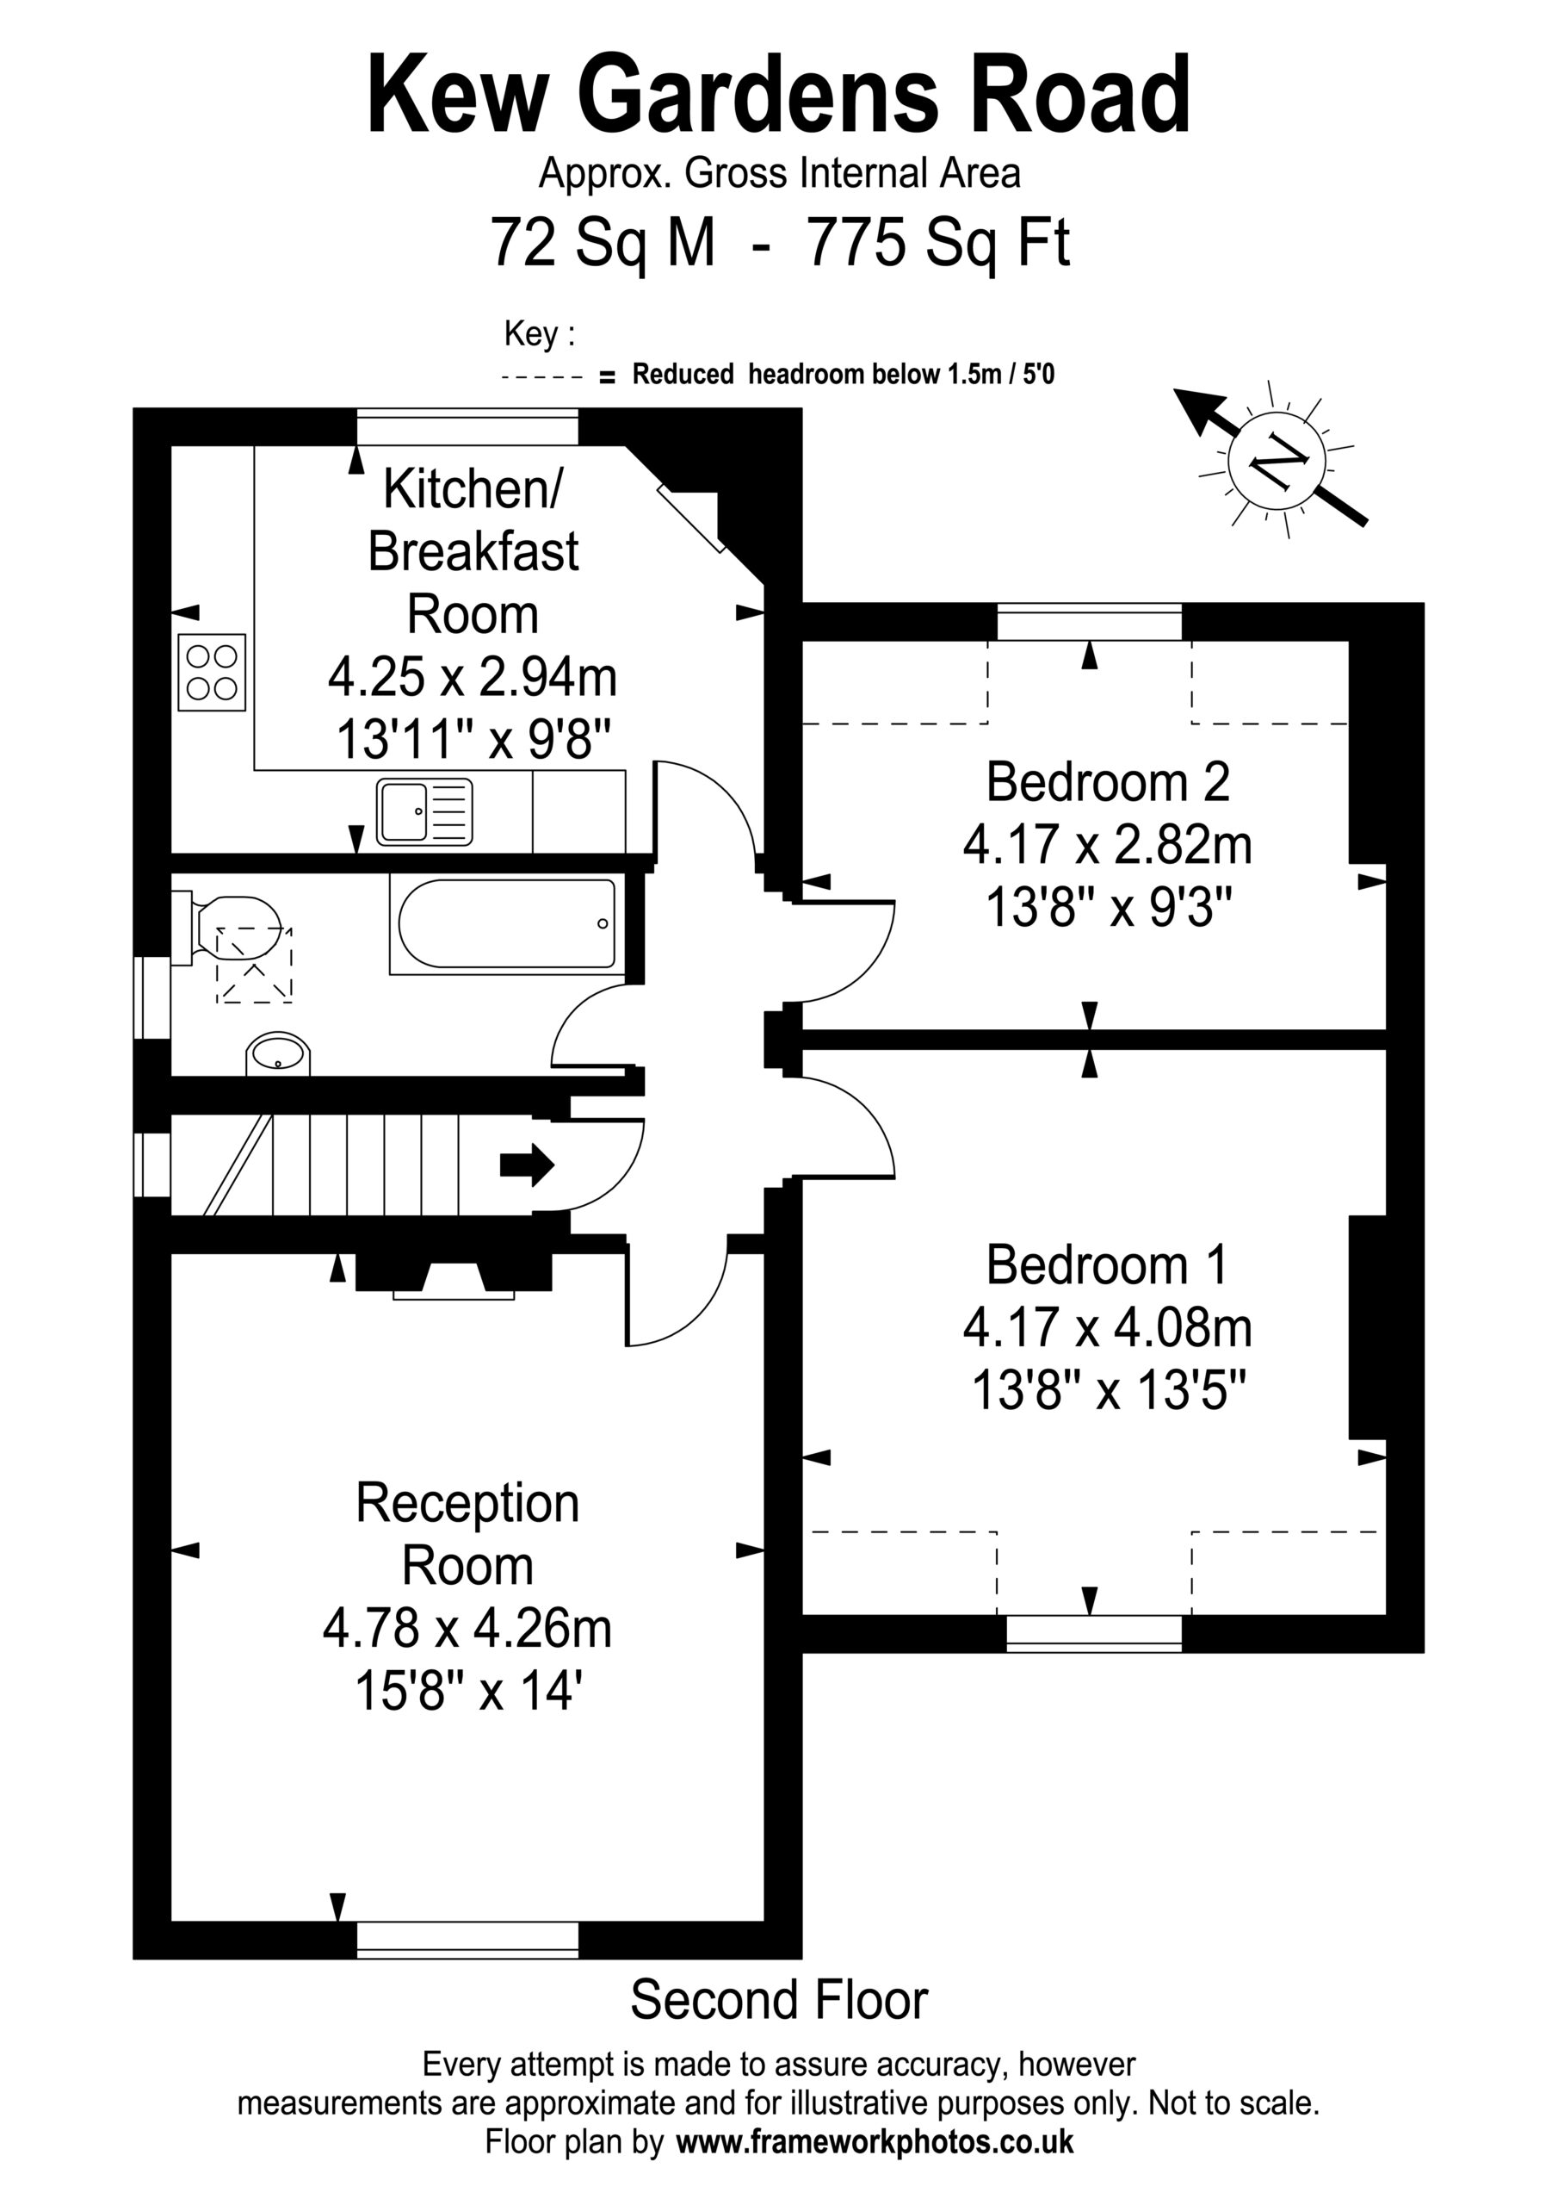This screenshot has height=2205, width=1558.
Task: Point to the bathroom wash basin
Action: pos(278,1054)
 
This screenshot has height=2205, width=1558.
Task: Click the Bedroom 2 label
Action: pos(1108,782)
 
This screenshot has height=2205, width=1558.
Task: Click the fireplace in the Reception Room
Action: pos(454,1276)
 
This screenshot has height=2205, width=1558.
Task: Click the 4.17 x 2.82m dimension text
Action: pos(1108,845)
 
